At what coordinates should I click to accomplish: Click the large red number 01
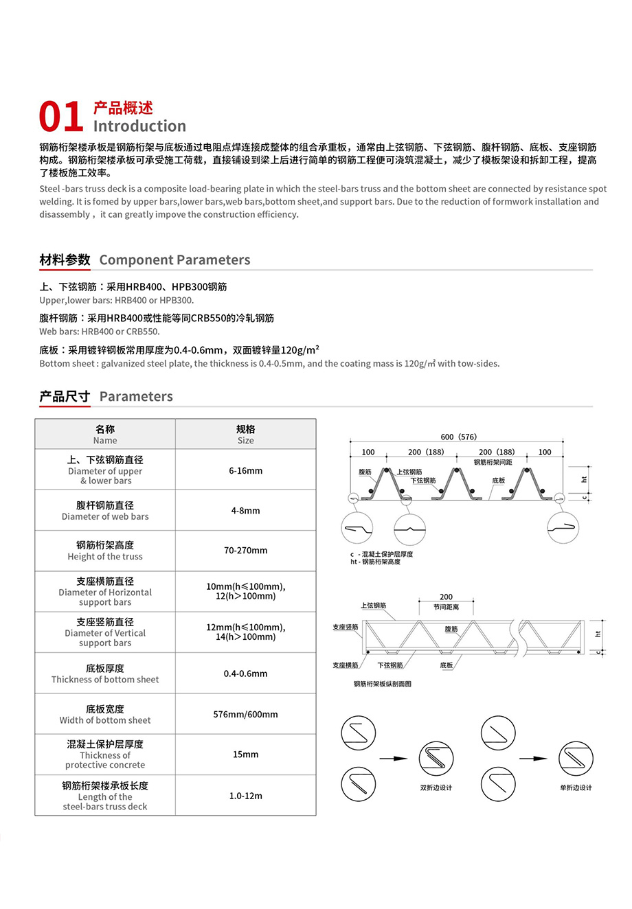(x=61, y=116)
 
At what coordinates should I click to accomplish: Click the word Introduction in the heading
(x=139, y=126)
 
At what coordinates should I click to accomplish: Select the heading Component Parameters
(x=174, y=260)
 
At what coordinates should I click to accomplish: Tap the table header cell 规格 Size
(x=245, y=435)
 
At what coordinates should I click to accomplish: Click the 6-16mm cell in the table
(x=245, y=471)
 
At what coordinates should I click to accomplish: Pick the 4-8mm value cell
(x=245, y=511)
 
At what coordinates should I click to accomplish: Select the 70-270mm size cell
(x=245, y=551)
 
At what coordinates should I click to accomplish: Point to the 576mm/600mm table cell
(x=245, y=715)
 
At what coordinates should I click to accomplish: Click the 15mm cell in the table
(x=245, y=755)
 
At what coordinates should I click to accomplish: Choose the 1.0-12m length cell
(x=245, y=796)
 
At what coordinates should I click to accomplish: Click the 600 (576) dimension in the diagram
(x=458, y=437)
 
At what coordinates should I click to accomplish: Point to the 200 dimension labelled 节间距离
(x=446, y=597)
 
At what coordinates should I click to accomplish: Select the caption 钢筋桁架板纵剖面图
(x=383, y=684)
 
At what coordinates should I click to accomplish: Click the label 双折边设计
(x=436, y=787)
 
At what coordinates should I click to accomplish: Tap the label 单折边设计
(x=576, y=787)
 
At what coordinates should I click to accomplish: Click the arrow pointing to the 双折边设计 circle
(x=394, y=759)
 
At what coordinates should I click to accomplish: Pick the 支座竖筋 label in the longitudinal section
(x=345, y=628)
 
